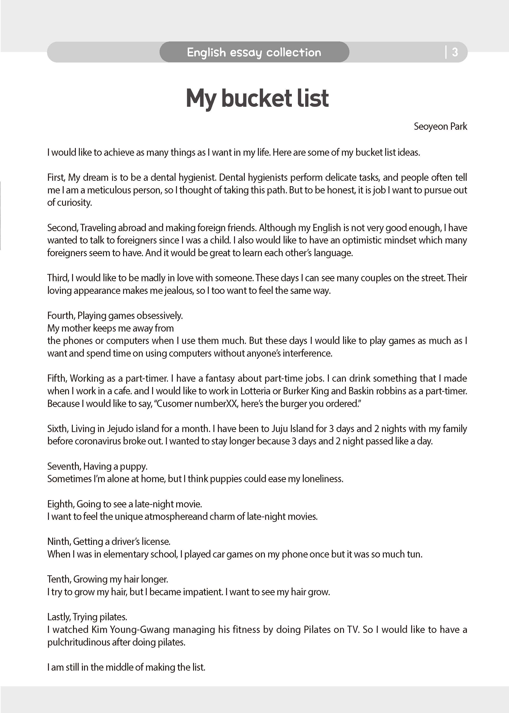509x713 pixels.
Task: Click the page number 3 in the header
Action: pyautogui.click(x=455, y=52)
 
